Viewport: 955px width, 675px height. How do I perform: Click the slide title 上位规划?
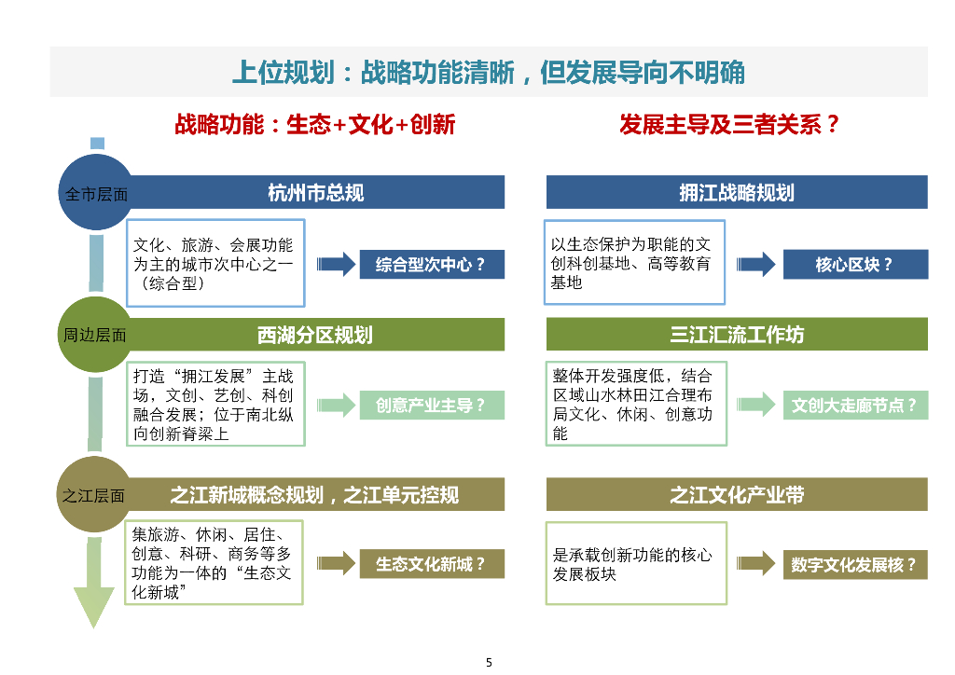point(488,72)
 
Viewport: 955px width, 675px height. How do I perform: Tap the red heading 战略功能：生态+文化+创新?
point(314,125)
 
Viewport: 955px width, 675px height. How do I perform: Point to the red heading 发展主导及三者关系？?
point(730,125)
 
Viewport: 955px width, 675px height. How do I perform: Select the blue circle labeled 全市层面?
point(95,194)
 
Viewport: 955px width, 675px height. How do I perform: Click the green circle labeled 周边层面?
point(95,335)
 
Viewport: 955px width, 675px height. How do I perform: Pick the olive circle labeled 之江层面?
point(95,495)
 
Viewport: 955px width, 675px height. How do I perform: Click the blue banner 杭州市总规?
point(316,193)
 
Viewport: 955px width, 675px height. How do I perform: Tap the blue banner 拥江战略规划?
point(737,193)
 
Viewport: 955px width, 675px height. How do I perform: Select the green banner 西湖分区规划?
point(316,335)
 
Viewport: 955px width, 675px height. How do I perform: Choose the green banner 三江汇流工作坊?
point(737,335)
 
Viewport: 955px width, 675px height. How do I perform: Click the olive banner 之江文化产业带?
point(737,495)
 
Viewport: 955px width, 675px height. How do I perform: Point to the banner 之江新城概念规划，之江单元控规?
point(316,495)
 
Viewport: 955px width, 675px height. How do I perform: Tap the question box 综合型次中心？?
point(431,265)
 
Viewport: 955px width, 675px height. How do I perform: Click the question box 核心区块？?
point(854,265)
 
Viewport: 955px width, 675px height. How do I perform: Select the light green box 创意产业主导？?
point(431,406)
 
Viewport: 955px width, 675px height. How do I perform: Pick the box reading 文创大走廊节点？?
point(854,406)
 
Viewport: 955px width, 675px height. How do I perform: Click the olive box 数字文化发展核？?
point(854,564)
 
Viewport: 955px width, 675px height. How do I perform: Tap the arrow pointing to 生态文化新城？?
point(333,564)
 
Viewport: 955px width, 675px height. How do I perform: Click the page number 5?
point(489,663)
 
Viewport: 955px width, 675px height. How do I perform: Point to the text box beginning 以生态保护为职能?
point(634,263)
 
